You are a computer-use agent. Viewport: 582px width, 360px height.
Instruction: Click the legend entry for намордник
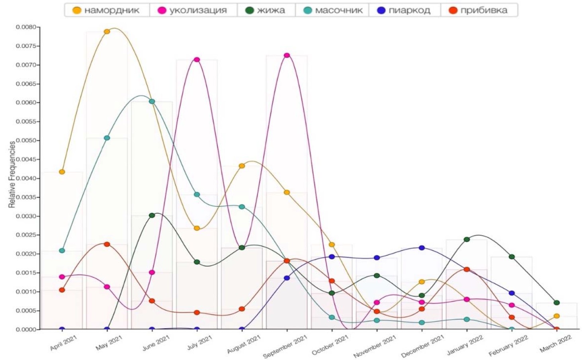click(x=106, y=10)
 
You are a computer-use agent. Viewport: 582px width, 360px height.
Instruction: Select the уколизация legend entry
click(x=193, y=10)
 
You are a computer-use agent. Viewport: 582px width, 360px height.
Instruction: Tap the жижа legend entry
click(x=266, y=10)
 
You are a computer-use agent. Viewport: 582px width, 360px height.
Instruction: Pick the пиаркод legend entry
click(x=404, y=10)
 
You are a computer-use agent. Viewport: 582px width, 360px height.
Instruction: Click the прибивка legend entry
click(x=478, y=10)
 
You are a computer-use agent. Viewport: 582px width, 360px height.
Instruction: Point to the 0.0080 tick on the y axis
click(x=26, y=27)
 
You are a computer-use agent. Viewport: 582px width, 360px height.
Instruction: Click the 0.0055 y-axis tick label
click(x=26, y=121)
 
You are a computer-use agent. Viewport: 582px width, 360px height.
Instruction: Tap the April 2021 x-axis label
click(x=64, y=343)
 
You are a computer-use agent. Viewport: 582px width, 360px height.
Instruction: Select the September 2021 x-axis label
click(x=285, y=346)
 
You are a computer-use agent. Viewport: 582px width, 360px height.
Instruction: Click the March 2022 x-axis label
click(x=556, y=344)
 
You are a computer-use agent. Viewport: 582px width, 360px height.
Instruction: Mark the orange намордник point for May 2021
click(x=107, y=31)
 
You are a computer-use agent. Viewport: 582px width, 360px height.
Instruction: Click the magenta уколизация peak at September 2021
click(x=287, y=55)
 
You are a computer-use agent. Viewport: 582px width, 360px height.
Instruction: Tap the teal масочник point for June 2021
click(x=152, y=102)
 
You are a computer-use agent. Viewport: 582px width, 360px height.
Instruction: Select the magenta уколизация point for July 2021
click(x=197, y=60)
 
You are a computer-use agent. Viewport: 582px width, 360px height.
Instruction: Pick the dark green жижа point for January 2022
click(x=467, y=239)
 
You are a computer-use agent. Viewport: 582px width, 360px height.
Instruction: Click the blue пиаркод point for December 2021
click(x=422, y=248)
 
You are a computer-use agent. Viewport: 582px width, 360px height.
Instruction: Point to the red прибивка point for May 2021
click(x=107, y=244)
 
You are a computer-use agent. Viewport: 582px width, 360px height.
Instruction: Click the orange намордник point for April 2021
click(x=62, y=172)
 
